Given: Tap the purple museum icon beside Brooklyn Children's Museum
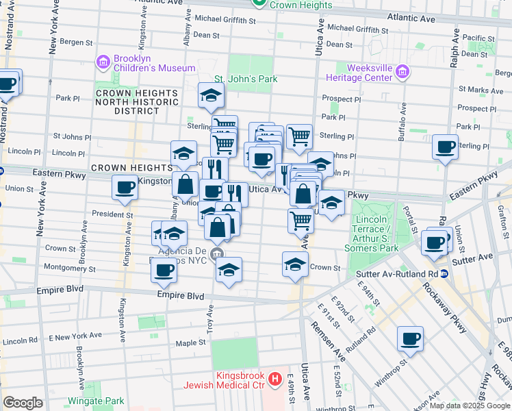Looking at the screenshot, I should tap(103, 62).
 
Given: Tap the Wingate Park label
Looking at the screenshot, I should tap(96, 401).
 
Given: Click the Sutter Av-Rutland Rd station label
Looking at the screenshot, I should tap(396, 274).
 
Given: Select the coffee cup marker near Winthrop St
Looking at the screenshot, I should tap(410, 338).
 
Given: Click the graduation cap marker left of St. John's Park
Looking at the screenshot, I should tap(212, 95).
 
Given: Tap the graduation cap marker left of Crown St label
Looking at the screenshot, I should tap(295, 264).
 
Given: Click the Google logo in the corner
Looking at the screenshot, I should tap(23, 403).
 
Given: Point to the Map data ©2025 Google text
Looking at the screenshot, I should tap(470, 406).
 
